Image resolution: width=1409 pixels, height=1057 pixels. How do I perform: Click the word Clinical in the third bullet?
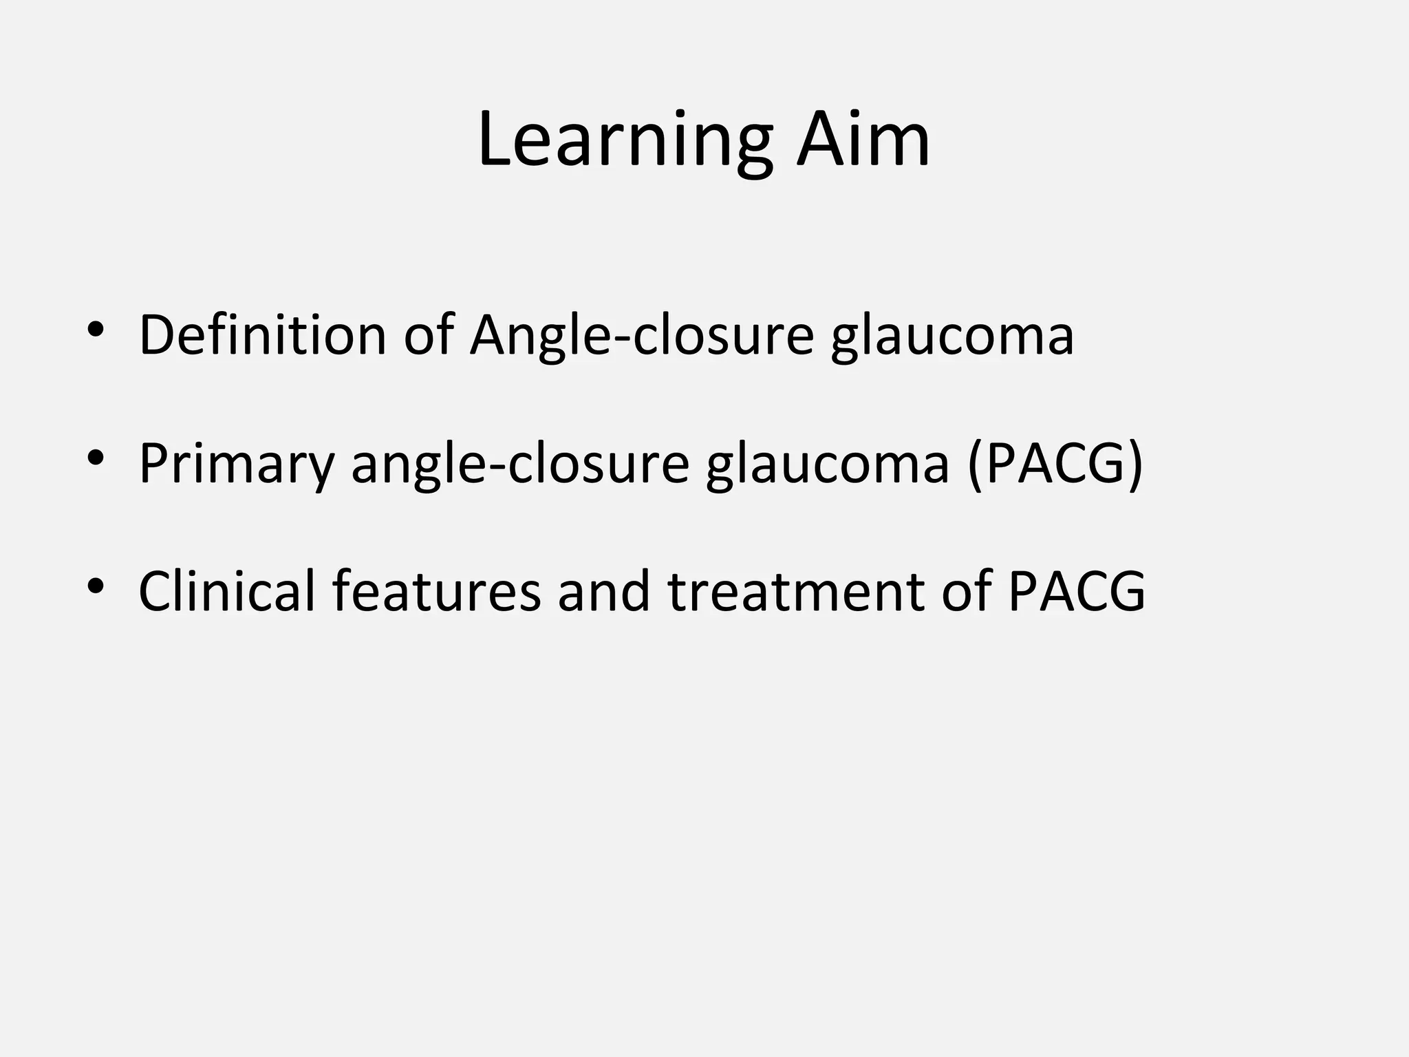(226, 590)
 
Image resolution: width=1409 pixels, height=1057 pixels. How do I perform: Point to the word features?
(436, 590)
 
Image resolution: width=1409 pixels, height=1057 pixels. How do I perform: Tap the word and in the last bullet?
(604, 590)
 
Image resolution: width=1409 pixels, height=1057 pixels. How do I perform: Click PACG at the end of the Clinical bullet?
(1077, 590)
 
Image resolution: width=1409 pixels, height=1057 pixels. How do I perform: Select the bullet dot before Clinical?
(96, 585)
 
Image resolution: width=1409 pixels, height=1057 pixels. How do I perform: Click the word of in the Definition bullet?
(428, 335)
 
